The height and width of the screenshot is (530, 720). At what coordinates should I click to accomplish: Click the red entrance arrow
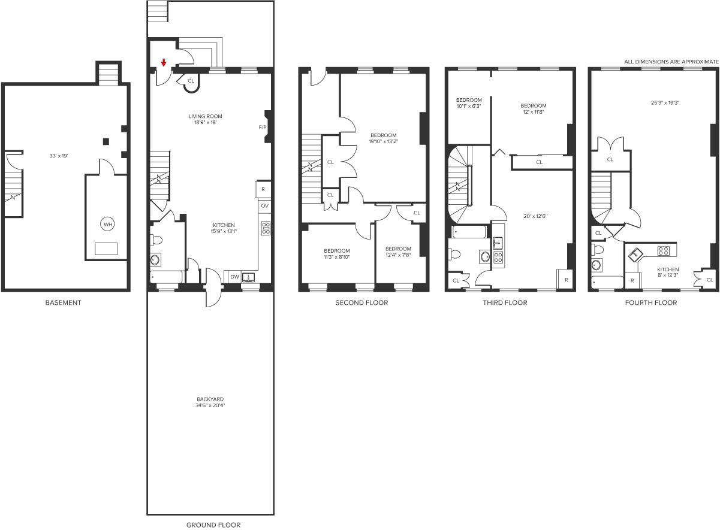pyautogui.click(x=164, y=63)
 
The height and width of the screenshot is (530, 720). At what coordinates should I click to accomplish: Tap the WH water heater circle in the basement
pyautogui.click(x=108, y=224)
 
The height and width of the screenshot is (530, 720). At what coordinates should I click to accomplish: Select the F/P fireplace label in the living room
pyautogui.click(x=263, y=128)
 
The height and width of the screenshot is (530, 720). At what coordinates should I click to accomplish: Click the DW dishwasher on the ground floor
pyautogui.click(x=234, y=277)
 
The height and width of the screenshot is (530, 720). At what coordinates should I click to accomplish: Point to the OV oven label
pyautogui.click(x=264, y=206)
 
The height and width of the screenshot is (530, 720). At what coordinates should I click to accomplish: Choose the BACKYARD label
pyautogui.click(x=210, y=399)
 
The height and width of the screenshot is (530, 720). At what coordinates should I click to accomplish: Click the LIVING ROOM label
pyautogui.click(x=206, y=116)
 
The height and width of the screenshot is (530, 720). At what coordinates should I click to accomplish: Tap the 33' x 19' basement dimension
pyautogui.click(x=59, y=156)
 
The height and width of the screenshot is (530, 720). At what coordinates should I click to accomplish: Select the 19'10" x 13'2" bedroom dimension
pyautogui.click(x=384, y=141)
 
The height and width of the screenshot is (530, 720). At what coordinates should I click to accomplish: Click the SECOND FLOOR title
pyautogui.click(x=361, y=302)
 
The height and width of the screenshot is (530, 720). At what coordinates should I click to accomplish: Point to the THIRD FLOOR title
pyautogui.click(x=505, y=302)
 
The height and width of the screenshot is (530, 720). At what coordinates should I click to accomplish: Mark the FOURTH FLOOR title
pyautogui.click(x=651, y=302)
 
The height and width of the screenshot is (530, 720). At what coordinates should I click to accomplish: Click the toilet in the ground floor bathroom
pyautogui.click(x=156, y=240)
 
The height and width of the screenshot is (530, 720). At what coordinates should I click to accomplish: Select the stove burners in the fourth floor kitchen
pyautogui.click(x=664, y=250)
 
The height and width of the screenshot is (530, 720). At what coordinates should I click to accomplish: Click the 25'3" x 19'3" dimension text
pyautogui.click(x=665, y=103)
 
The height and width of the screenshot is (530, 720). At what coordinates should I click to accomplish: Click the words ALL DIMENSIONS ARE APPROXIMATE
pyautogui.click(x=671, y=62)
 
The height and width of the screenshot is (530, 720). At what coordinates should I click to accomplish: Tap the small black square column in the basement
pyautogui.click(x=106, y=141)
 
